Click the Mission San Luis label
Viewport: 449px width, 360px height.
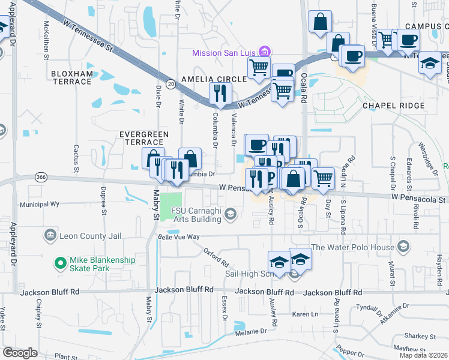[x=223, y=53]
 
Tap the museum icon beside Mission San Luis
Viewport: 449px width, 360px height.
[x=262, y=52]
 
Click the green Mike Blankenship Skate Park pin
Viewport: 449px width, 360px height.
[x=59, y=263]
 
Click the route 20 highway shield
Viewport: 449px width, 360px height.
[x=171, y=85]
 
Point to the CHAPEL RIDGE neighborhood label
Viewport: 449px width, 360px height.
[x=393, y=106]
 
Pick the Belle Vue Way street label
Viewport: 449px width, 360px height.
[x=178, y=237]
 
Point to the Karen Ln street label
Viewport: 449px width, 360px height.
[x=305, y=314]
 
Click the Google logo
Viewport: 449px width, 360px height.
[x=20, y=353]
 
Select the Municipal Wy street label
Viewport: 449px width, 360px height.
[x=40, y=204]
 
